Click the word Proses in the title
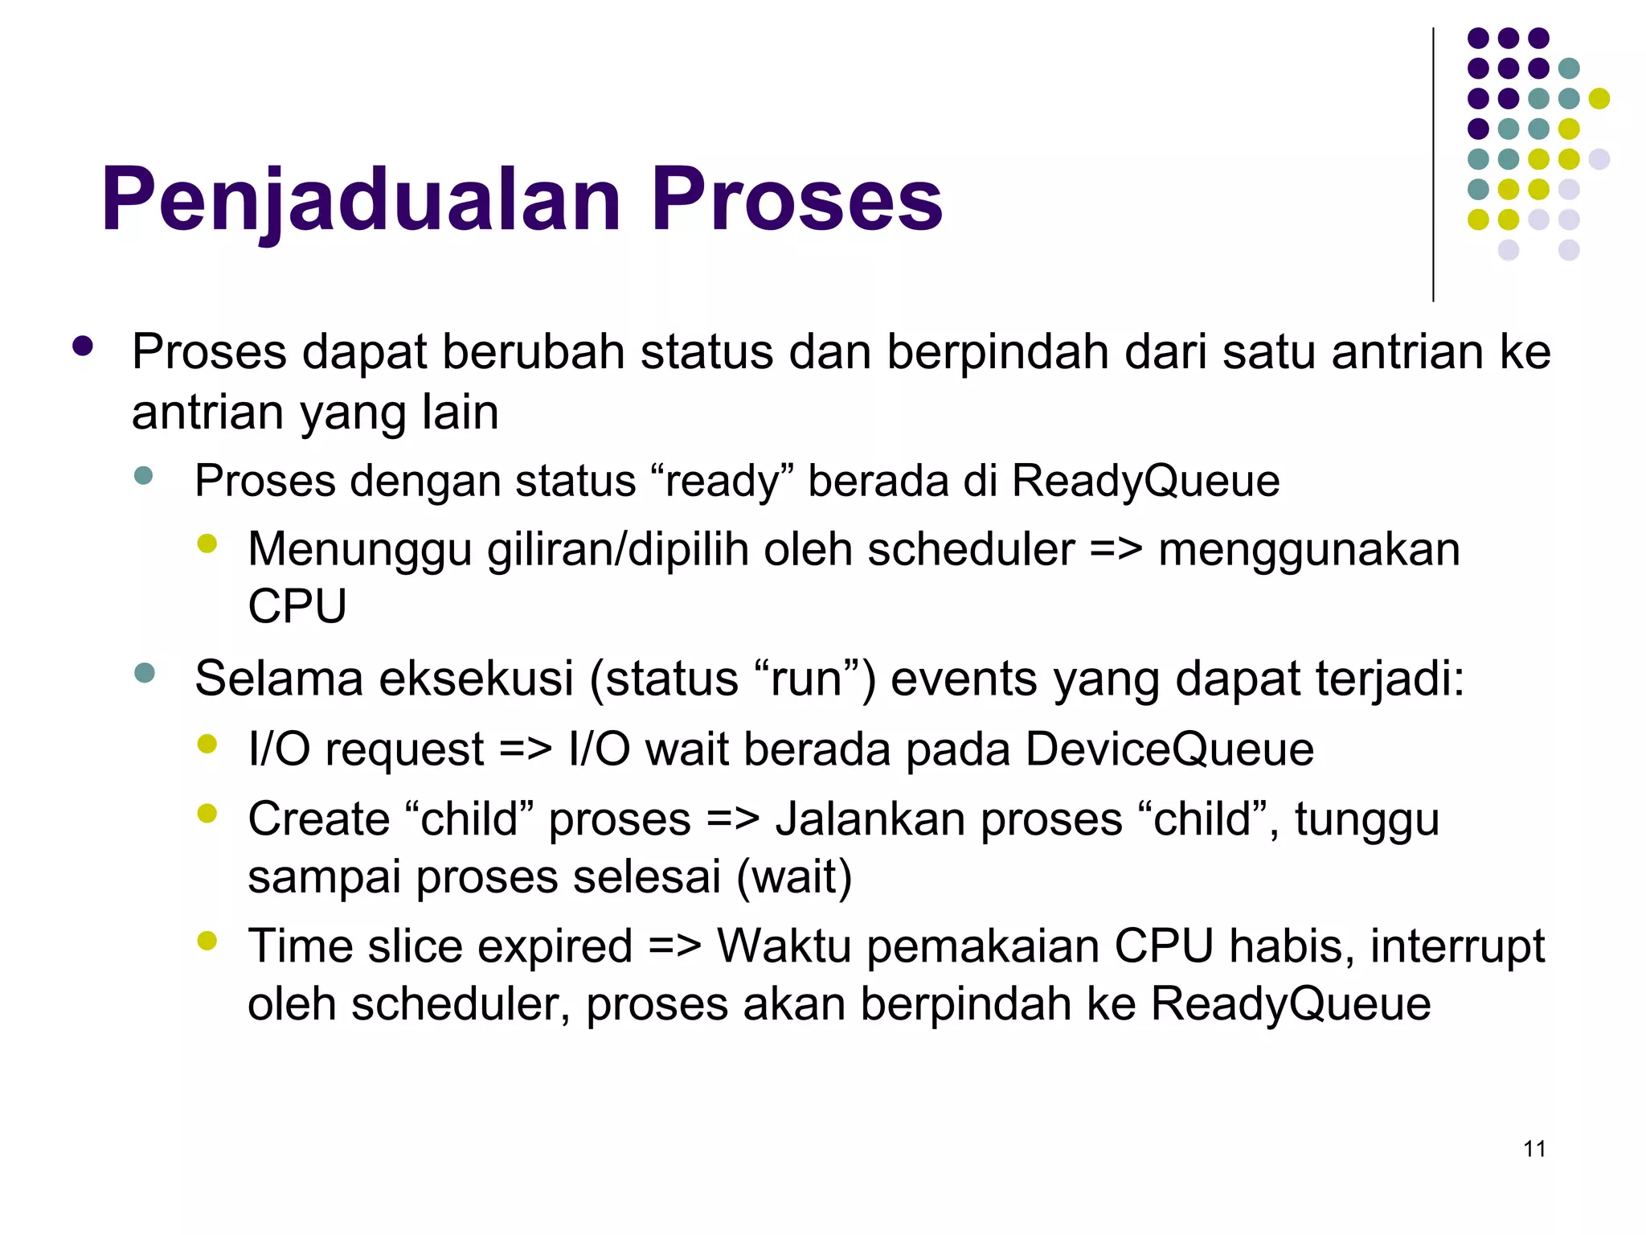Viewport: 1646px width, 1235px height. (796, 199)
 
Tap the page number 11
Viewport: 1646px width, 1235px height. (1534, 1149)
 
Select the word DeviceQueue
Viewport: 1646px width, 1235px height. (1169, 749)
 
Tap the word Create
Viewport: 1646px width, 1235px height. (318, 819)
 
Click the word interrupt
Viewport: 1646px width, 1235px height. (1457, 946)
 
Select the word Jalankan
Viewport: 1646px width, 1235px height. (869, 819)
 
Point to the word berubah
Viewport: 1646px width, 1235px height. (534, 352)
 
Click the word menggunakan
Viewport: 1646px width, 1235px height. (1309, 551)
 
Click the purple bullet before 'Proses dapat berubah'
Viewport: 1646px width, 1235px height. (83, 347)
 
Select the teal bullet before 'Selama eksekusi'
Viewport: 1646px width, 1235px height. (145, 673)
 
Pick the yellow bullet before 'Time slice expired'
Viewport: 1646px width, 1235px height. (207, 940)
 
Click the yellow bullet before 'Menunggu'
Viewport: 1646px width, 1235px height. (207, 544)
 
